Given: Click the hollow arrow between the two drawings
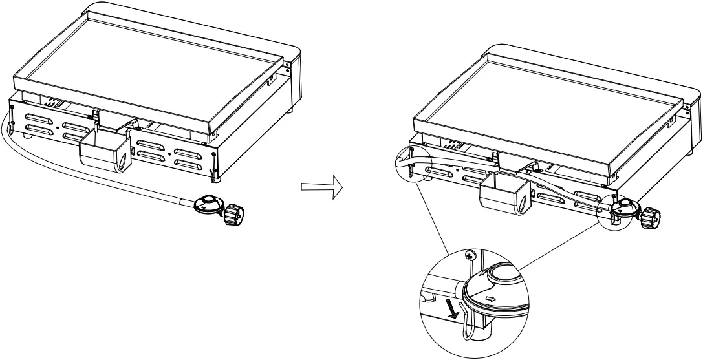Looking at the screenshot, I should (320, 187).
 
